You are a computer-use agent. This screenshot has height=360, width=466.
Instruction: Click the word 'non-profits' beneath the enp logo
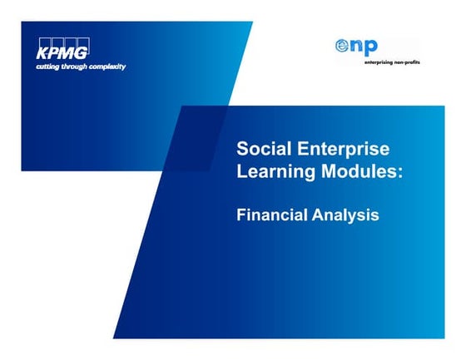[x=395, y=62]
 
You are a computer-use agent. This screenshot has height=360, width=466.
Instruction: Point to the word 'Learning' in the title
[x=271, y=173]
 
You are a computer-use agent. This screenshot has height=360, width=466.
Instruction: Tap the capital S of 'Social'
[x=243, y=150]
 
